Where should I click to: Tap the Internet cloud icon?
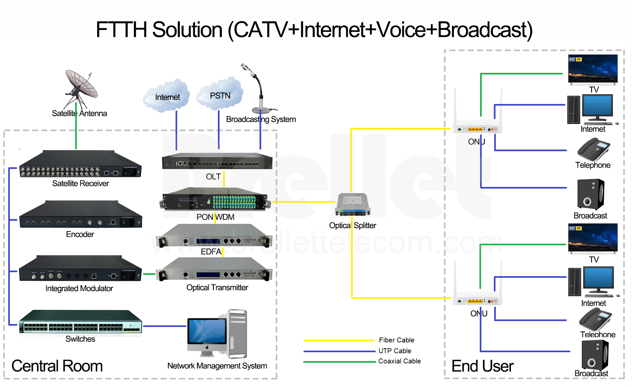167,96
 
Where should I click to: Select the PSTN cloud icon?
220,94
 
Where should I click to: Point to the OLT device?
217,161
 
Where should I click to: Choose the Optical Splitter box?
353,205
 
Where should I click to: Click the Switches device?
80,323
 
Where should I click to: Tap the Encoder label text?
80,234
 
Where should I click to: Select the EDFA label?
211,252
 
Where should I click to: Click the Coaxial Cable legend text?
399,361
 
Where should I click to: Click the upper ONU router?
477,128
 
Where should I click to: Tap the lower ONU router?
477,300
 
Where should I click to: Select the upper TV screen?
593,69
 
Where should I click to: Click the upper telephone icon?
593,149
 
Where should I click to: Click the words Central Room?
57,366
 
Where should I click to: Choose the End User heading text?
482,366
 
